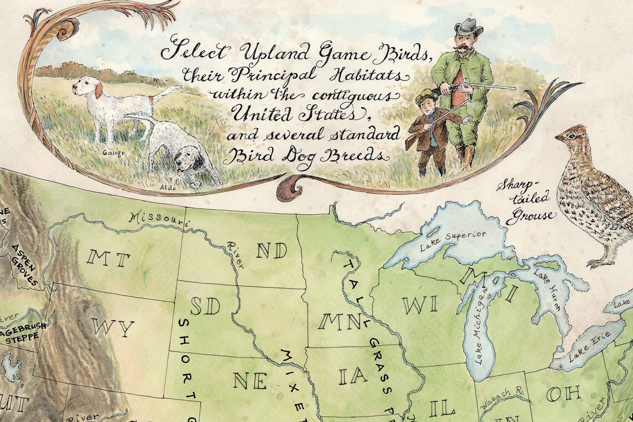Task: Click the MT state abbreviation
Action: click(108, 259)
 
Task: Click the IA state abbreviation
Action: click(353, 376)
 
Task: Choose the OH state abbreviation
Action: click(563, 394)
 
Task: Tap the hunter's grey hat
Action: click(468, 26)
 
